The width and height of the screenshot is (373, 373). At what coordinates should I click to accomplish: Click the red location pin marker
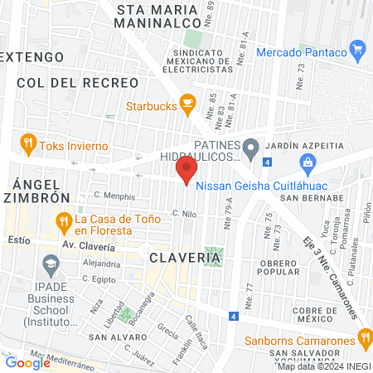[x=186, y=172]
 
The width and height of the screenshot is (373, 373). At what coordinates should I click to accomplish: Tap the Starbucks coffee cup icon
[x=188, y=104]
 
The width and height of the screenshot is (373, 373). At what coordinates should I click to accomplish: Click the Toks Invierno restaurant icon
[x=29, y=144]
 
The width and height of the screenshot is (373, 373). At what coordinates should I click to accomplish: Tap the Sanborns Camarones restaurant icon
[x=362, y=339]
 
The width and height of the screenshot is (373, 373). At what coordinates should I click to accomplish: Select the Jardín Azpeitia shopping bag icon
[x=308, y=162]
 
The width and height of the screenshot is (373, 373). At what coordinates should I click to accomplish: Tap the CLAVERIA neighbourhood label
[x=186, y=258]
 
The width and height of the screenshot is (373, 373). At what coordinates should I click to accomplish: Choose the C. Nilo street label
[x=183, y=213]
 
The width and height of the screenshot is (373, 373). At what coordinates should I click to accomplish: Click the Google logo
[x=27, y=362]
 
